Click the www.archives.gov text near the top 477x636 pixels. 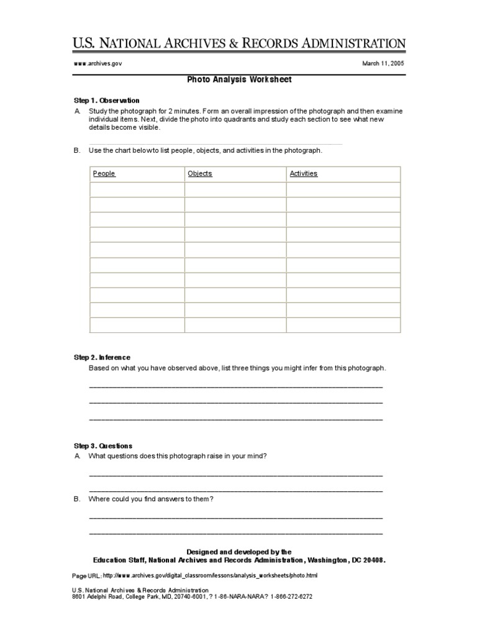click(x=93, y=63)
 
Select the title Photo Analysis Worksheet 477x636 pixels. click(x=239, y=79)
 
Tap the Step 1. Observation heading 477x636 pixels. click(x=106, y=100)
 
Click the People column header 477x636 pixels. click(x=104, y=174)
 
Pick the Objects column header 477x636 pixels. click(x=199, y=174)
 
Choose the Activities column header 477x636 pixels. click(x=303, y=174)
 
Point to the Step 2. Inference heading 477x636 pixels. click(x=102, y=357)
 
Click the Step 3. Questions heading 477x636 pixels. click(x=103, y=446)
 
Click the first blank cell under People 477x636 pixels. click(x=137, y=189)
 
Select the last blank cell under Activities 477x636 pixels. click(x=343, y=325)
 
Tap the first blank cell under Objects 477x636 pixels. click(x=235, y=189)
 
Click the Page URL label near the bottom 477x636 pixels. click(x=86, y=576)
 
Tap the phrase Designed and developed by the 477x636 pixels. click(x=238, y=552)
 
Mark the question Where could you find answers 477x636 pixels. click(x=152, y=499)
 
